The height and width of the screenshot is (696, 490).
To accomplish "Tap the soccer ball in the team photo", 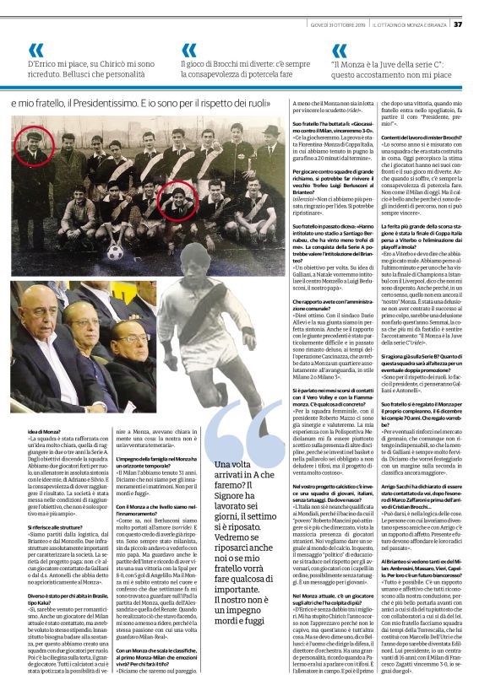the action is coord(113,251).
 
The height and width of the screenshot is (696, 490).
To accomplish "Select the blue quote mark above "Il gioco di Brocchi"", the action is coord(188,51).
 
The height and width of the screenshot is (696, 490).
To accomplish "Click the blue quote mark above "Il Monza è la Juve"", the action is coord(340,51).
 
